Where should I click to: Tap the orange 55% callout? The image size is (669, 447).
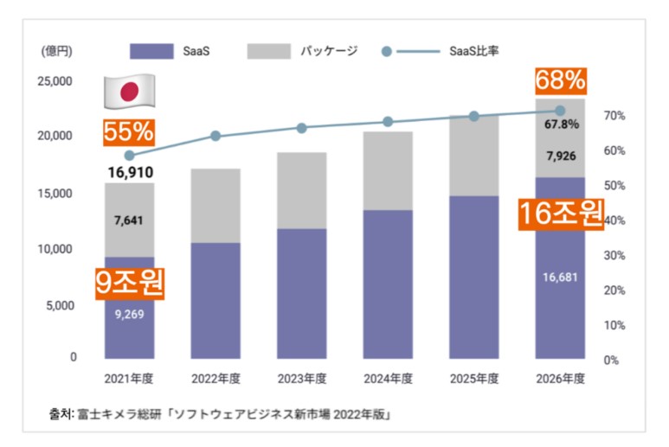[x=128, y=132]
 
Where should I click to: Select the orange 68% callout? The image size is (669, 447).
[x=560, y=81]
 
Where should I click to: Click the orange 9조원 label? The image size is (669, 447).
[x=129, y=283]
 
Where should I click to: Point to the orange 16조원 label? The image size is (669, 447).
[x=560, y=213]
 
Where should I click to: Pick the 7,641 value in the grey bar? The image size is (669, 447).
[x=129, y=220]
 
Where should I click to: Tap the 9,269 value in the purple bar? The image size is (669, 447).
[x=129, y=314]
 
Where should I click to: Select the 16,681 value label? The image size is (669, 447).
[x=560, y=278]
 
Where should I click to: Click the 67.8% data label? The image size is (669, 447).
[x=561, y=125]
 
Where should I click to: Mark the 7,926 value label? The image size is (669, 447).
[x=561, y=156]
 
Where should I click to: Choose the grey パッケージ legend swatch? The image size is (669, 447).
[x=269, y=51]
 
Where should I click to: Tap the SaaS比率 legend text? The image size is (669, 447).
[x=474, y=51]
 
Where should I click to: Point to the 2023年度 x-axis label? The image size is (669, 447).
[x=301, y=379]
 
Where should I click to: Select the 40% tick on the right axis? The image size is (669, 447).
[x=614, y=220]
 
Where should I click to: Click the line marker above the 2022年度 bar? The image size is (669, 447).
[x=215, y=136]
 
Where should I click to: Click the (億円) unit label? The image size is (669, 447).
[x=57, y=51]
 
